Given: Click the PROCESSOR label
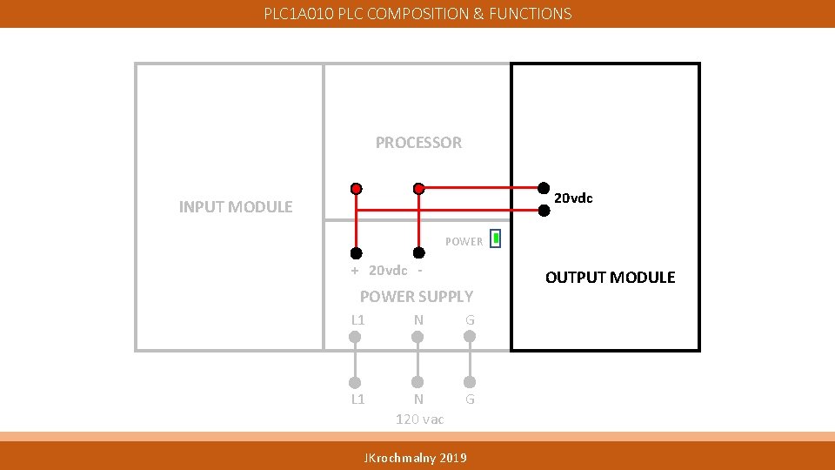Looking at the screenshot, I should (418, 143).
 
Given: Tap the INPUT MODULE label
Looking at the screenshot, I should (236, 207).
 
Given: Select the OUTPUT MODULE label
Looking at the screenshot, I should (610, 278).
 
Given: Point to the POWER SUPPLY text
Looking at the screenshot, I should (417, 297).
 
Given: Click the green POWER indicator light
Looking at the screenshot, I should (495, 238).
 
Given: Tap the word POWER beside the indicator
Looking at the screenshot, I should (464, 242).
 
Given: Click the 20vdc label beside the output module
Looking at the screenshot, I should (574, 198).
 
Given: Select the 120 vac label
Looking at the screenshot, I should (419, 420).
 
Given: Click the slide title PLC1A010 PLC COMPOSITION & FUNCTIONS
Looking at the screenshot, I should (417, 14).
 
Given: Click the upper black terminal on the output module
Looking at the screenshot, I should (543, 187).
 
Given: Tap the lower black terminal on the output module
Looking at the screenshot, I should (543, 210).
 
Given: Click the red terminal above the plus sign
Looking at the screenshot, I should (356, 188).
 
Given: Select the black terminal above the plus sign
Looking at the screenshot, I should (356, 253).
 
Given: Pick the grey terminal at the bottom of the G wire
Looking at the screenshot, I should (470, 382).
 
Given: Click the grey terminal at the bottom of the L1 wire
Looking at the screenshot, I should (355, 382).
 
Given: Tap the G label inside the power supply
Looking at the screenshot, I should (470, 320).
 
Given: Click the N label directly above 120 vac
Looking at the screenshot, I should (418, 399).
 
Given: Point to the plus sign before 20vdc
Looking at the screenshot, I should (355, 271).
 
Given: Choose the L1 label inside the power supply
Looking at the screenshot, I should (357, 320).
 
